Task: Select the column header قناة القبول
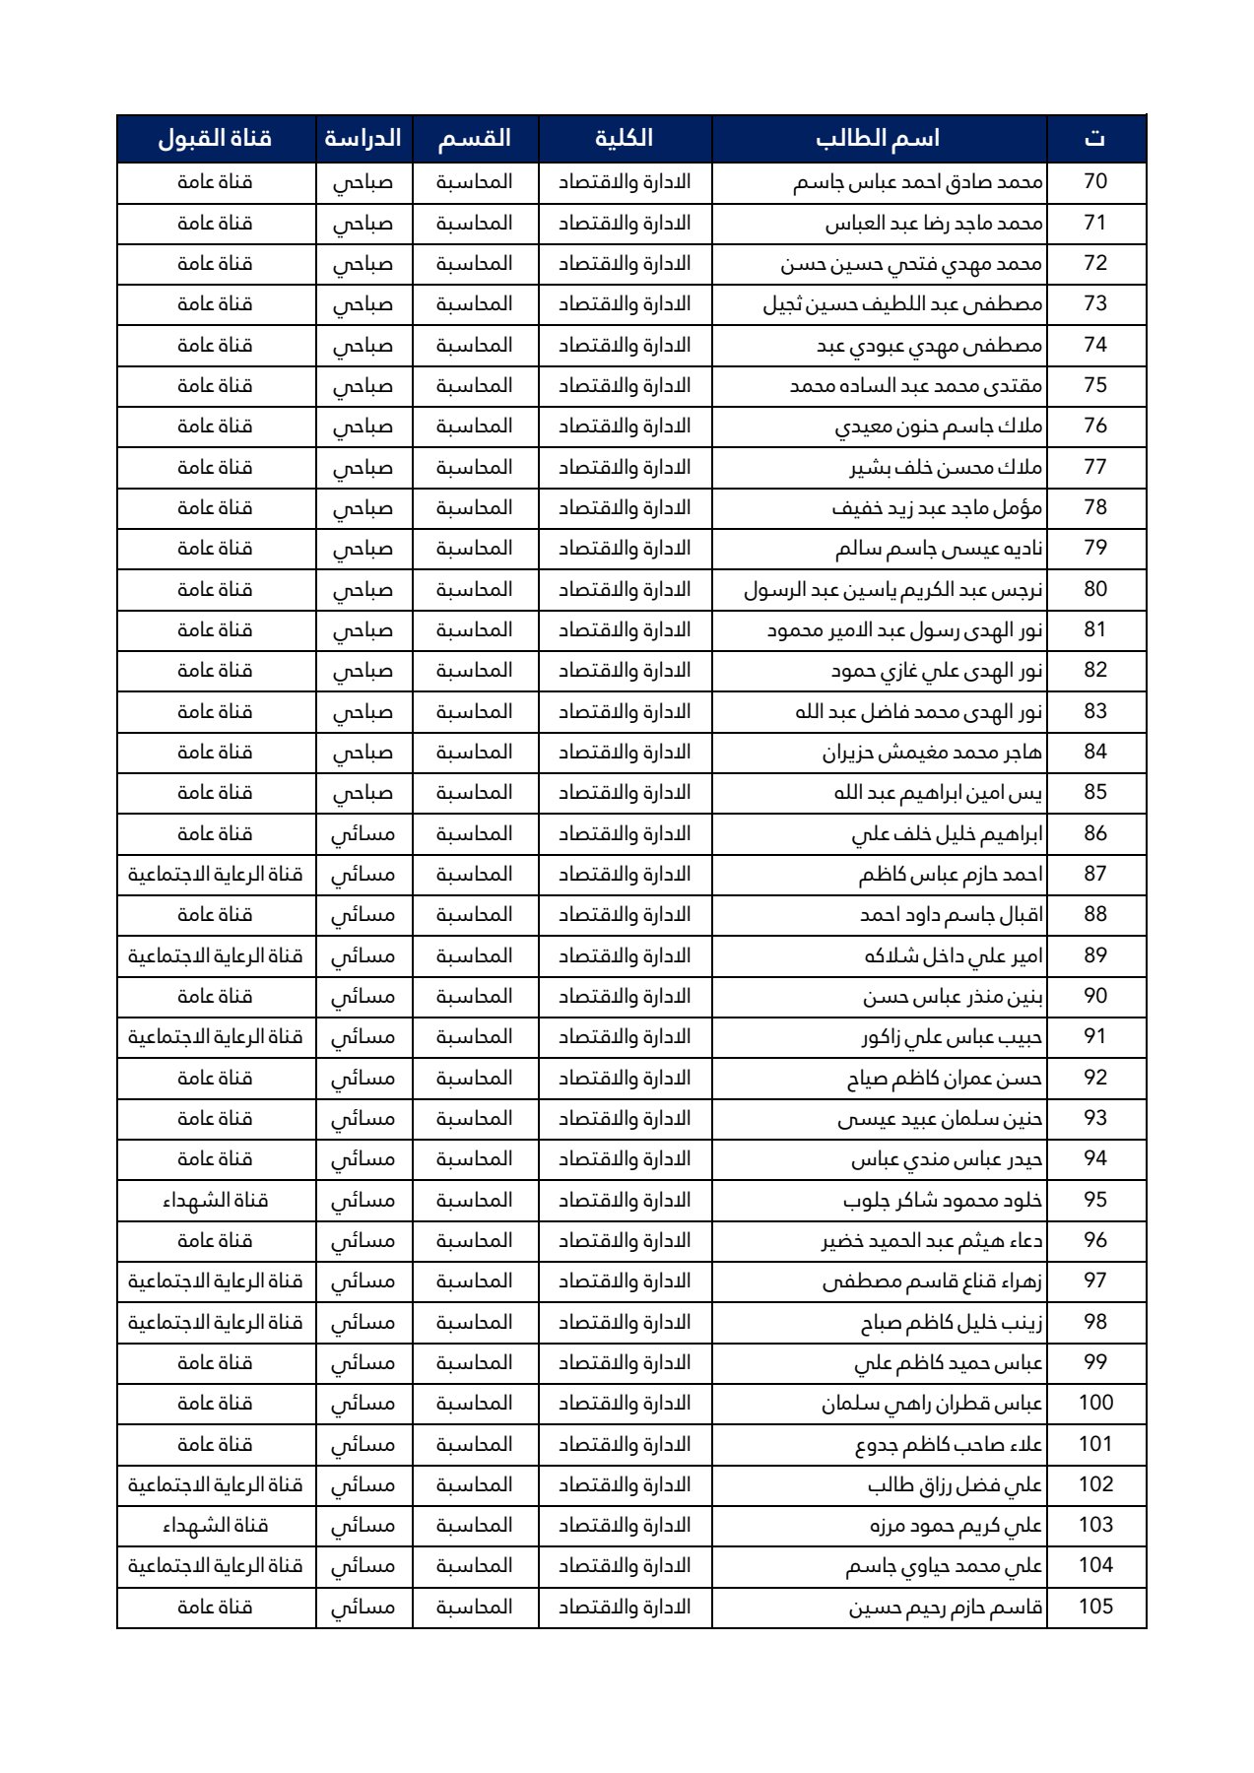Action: click(215, 138)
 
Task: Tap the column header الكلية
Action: click(625, 138)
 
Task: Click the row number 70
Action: click(1095, 182)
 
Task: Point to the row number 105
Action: click(1095, 1607)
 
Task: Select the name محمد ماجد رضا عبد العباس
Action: click(934, 224)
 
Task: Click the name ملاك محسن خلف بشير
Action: click(946, 468)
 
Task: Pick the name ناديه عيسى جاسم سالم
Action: click(939, 549)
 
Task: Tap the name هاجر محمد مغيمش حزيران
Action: click(932, 753)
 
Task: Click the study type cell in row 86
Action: click(363, 834)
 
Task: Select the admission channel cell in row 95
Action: click(215, 1201)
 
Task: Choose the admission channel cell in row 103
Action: click(215, 1526)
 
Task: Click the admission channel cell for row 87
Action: click(215, 875)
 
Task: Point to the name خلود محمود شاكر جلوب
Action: click(943, 1201)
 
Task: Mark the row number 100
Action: click(1095, 1404)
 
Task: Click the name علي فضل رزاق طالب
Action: click(955, 1485)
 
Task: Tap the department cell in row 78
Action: click(475, 508)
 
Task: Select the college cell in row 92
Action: click(625, 1079)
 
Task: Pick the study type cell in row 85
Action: click(363, 793)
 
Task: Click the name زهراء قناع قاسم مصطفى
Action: click(932, 1281)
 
